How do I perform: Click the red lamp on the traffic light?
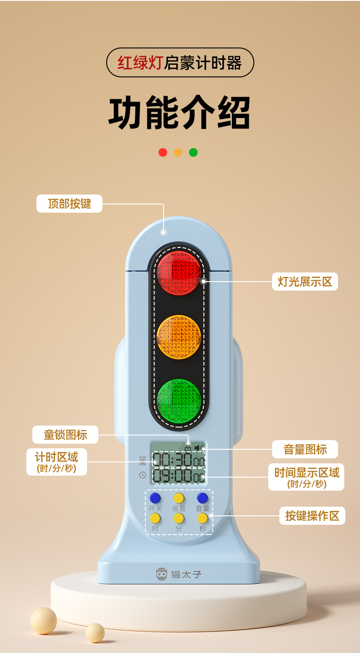[179, 272]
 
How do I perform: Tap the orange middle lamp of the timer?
[179, 337]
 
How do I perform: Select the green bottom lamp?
[179, 400]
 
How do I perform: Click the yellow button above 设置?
[179, 498]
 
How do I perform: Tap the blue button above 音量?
[202, 498]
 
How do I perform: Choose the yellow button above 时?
[155, 518]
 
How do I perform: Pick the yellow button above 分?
[179, 518]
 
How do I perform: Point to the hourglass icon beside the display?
[143, 460]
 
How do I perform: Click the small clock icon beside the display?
[143, 475]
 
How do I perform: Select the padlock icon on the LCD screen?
[188, 448]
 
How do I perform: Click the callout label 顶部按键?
[69, 204]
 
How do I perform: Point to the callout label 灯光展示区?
[305, 282]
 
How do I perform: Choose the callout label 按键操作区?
[312, 516]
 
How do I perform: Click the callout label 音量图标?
[305, 449]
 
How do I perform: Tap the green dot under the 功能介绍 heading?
[193, 152]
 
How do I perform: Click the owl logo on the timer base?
[161, 574]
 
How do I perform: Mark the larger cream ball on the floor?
[44, 620]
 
